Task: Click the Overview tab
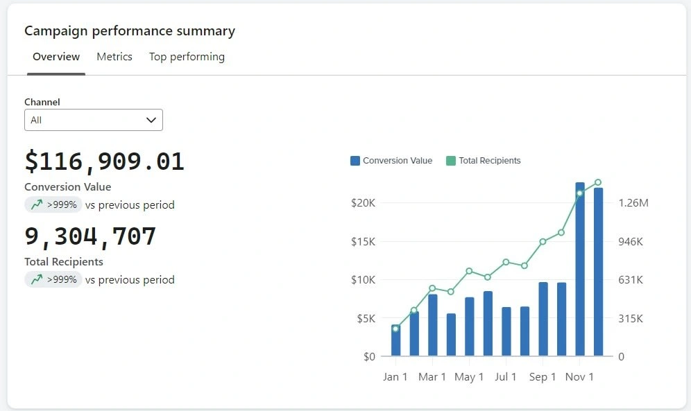point(56,57)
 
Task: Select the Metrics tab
point(114,57)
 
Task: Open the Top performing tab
point(187,57)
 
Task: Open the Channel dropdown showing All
point(94,120)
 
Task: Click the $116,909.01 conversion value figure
point(104,161)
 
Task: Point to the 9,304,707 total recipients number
point(90,236)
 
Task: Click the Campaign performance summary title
point(130,31)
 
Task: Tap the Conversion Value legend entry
point(391,161)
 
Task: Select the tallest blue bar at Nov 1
point(580,270)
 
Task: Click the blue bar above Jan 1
point(395,341)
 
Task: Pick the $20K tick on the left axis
point(363,203)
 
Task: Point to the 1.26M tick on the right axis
point(633,203)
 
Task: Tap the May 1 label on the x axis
point(469,377)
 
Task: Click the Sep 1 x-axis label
point(543,377)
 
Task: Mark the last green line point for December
point(598,182)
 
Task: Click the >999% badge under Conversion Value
point(53,204)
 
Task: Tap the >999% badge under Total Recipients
point(53,279)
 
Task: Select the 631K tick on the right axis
point(631,280)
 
